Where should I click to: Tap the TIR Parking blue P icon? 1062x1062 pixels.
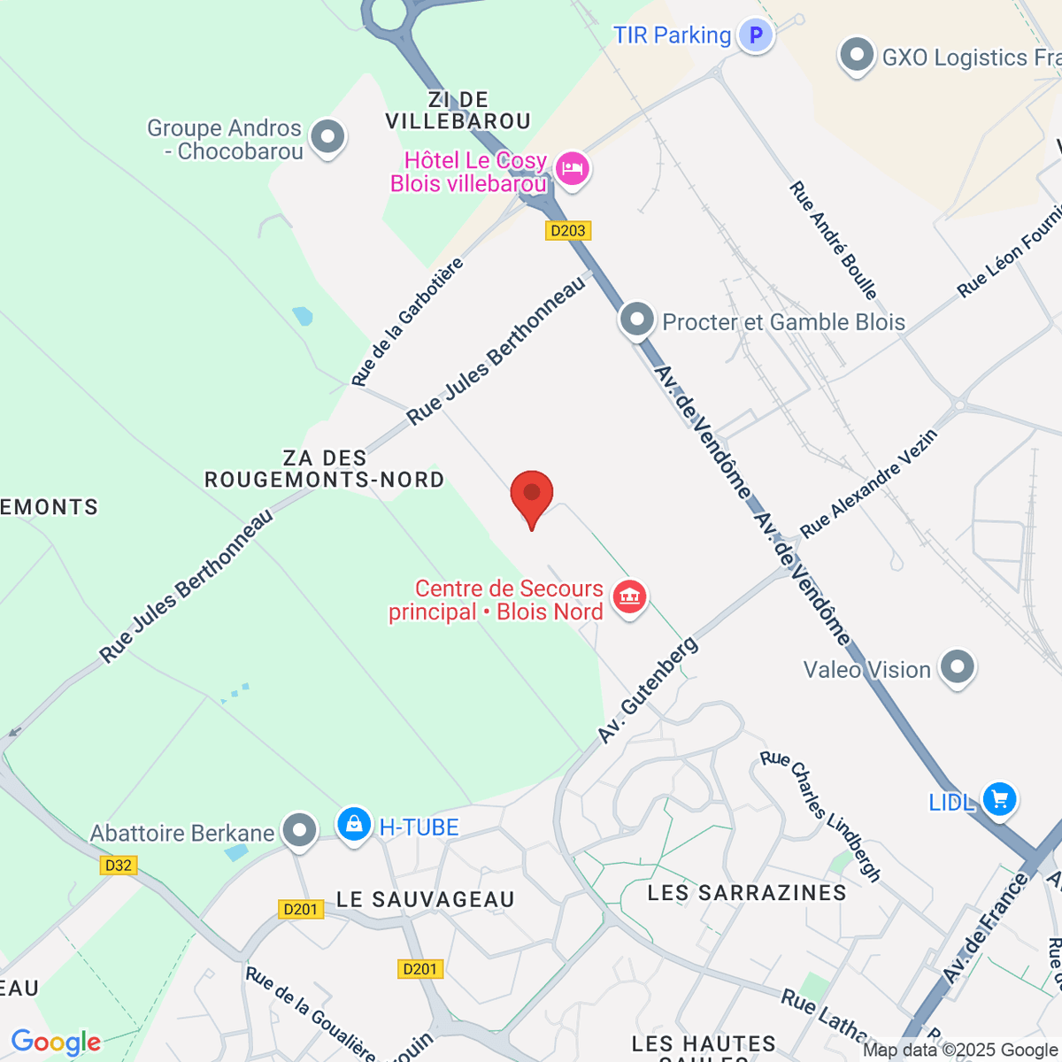[756, 36]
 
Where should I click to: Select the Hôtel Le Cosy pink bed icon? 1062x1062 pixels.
[573, 168]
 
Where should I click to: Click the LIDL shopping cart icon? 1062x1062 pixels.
[999, 799]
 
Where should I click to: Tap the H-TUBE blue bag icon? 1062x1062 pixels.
[354, 825]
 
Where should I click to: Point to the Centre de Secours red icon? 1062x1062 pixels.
[629, 596]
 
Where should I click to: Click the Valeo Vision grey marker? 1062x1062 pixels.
[957, 667]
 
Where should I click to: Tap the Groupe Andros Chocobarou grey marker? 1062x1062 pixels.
[328, 137]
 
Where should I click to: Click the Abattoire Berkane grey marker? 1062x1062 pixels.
[300, 830]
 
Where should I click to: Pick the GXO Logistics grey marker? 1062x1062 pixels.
[856, 55]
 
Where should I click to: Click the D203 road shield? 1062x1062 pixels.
[567, 231]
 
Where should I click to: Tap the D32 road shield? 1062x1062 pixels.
[119, 866]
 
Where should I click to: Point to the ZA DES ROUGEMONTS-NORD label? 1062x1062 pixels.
[325, 469]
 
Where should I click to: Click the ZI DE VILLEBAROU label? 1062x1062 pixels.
[458, 111]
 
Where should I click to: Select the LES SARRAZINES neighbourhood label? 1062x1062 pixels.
[747, 893]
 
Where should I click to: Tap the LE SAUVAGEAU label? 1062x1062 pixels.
[426, 900]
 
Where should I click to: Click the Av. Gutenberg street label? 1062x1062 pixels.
[648, 691]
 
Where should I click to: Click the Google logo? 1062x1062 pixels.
[57, 1043]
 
